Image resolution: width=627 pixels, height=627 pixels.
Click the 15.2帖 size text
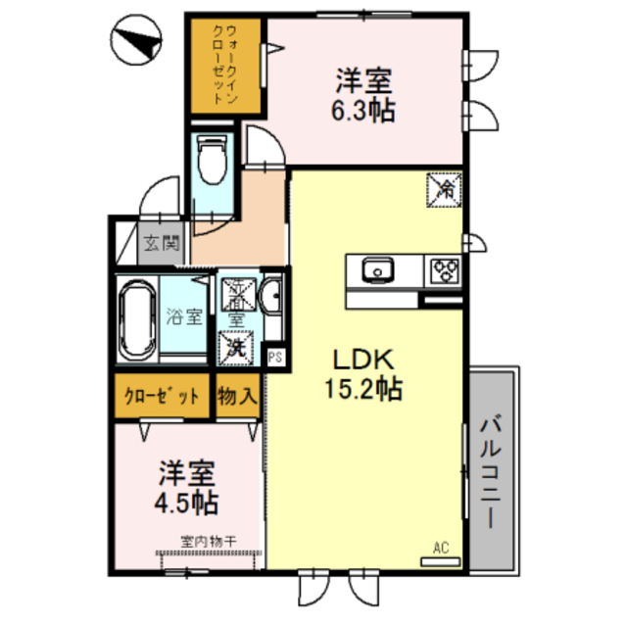tap(363, 389)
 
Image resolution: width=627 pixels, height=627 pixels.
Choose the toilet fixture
tap(211, 159)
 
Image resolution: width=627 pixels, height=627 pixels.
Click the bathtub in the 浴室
tap(135, 318)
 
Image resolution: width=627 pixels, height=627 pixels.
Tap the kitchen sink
tap(377, 269)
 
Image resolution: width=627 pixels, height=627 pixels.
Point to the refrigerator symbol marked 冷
tap(443, 187)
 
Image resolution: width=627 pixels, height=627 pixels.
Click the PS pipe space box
tap(274, 358)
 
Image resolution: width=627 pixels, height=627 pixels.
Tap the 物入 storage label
tap(237, 397)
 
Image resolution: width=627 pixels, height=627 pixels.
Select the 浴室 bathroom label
tap(184, 316)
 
